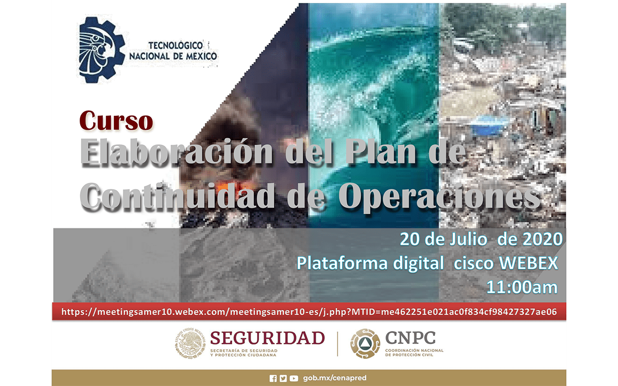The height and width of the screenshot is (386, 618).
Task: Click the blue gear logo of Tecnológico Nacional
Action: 102,50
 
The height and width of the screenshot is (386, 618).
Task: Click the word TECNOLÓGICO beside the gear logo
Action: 175,45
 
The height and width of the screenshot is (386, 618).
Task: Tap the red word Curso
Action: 116,121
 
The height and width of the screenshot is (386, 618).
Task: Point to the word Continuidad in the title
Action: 177,196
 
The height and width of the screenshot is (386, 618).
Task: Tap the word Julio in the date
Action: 468,239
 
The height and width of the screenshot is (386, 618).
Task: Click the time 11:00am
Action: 522,287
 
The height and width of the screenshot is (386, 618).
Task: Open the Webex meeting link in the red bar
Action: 309,312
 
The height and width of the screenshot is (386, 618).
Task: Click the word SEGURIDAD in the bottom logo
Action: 267,338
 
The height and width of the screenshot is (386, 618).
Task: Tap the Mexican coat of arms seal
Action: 190,343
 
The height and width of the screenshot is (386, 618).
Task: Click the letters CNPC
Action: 410,338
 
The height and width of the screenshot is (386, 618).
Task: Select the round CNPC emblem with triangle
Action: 365,344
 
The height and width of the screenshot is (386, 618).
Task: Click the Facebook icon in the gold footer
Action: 273,378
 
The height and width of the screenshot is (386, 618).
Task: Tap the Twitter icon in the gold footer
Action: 283,378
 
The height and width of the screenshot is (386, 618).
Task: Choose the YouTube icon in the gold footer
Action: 294,378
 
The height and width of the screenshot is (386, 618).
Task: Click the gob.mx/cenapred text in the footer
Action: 335,378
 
